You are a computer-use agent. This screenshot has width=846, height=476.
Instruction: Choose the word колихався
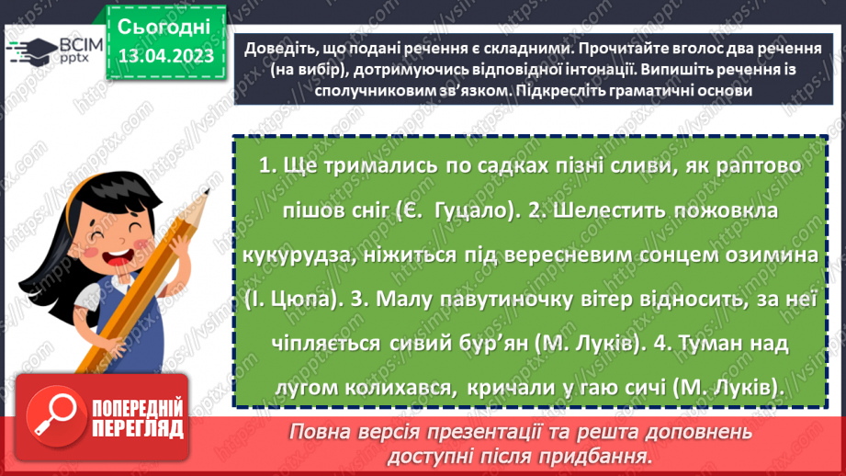click(387, 388)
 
